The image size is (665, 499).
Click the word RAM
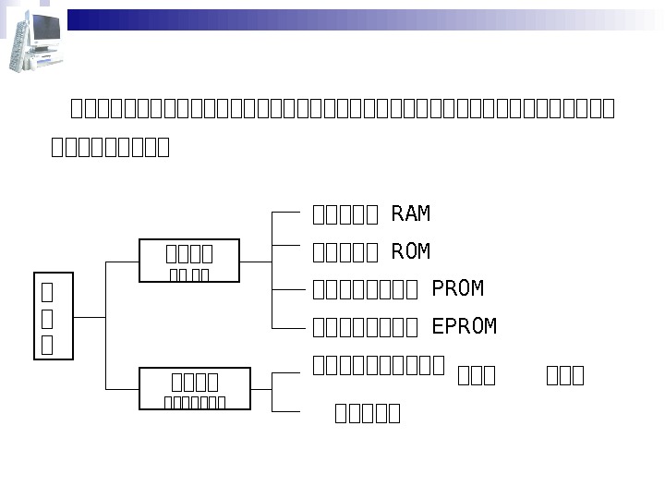[411, 214]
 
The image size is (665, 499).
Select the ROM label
[411, 252]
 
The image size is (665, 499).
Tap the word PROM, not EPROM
[458, 289]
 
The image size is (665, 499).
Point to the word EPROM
[465, 326]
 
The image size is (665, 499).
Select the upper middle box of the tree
[189, 261]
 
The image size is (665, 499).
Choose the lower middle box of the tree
[195, 388]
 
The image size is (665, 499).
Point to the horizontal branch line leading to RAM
[287, 212]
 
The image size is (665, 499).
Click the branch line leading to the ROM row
[287, 245]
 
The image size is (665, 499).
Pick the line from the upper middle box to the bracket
[256, 262]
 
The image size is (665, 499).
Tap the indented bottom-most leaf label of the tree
[368, 413]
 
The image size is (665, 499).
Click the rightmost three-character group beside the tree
[565, 375]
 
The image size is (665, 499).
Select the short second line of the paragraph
[110, 147]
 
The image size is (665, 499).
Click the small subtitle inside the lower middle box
[195, 401]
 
